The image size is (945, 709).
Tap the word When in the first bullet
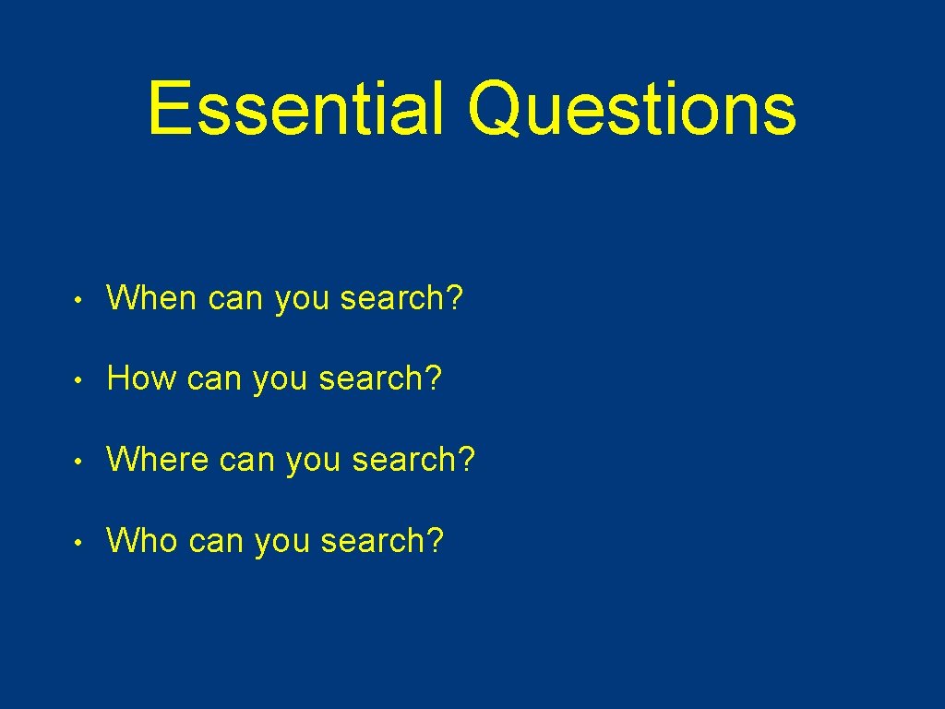click(152, 298)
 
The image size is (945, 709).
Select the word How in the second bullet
click(141, 379)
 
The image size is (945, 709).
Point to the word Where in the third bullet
click(158, 459)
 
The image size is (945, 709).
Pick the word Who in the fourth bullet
click(142, 540)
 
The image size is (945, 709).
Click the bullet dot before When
click(81, 300)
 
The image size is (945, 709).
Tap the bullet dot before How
click(81, 380)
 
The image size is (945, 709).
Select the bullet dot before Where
click(81, 461)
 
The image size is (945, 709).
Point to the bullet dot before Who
click(81, 542)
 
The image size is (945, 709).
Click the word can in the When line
click(235, 300)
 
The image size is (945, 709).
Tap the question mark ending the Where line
click(466, 459)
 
